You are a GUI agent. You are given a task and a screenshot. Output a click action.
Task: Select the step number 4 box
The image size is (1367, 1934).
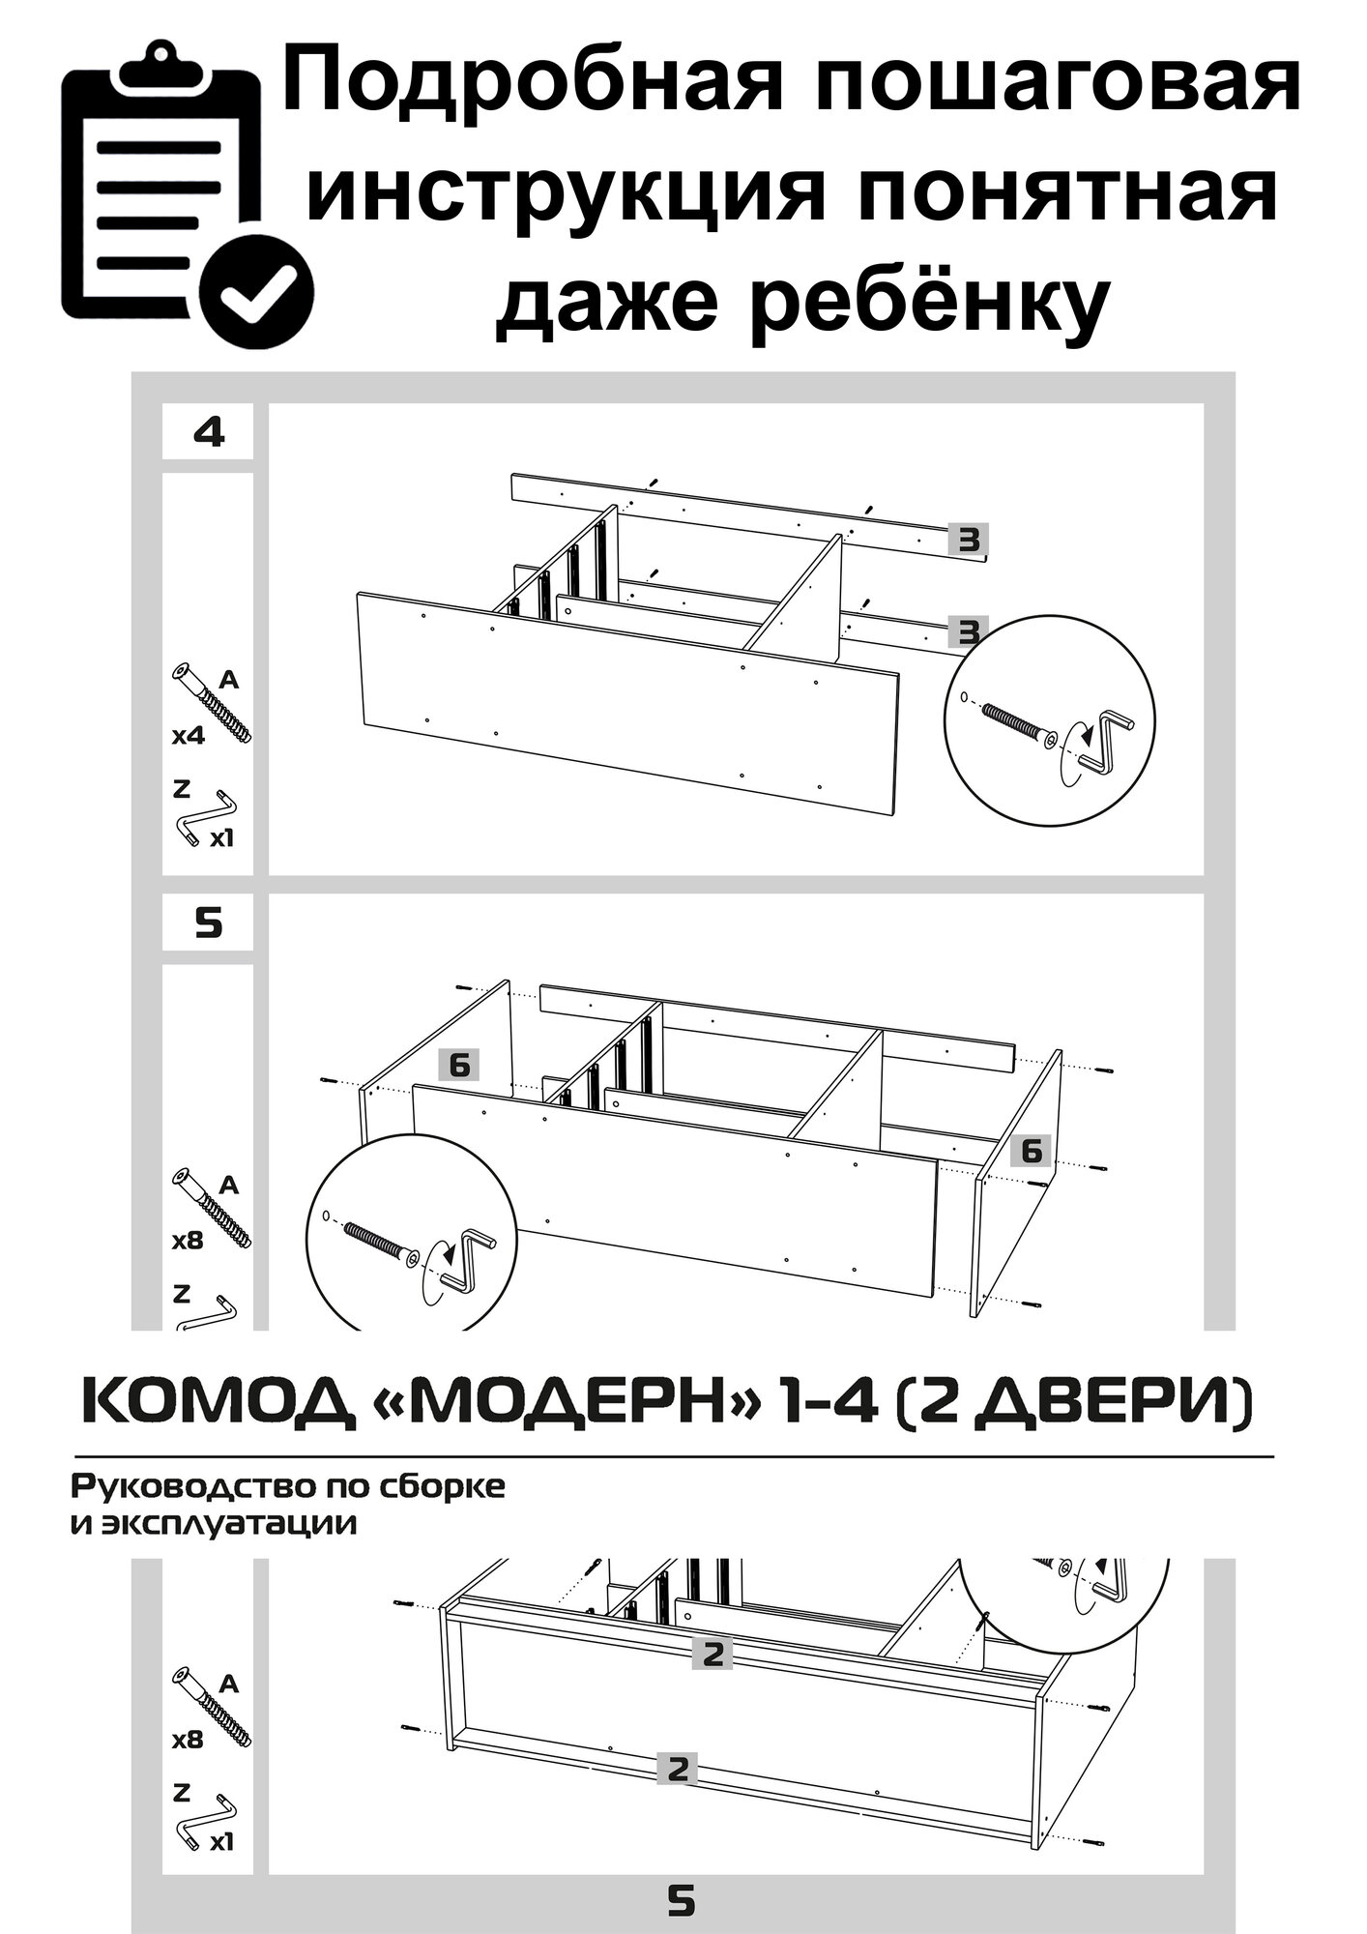(208, 432)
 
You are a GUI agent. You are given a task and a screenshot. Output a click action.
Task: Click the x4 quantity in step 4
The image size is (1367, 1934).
(189, 736)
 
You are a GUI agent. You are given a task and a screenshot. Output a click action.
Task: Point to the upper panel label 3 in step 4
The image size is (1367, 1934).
(968, 540)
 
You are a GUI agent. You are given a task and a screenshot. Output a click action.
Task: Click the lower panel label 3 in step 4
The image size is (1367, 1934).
(968, 632)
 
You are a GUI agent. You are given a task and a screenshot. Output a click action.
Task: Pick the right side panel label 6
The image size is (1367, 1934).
(1032, 1151)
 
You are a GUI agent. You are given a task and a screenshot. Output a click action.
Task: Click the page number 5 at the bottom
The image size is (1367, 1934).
(683, 1897)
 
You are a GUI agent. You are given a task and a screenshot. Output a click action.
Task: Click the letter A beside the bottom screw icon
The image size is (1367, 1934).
(229, 1684)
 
